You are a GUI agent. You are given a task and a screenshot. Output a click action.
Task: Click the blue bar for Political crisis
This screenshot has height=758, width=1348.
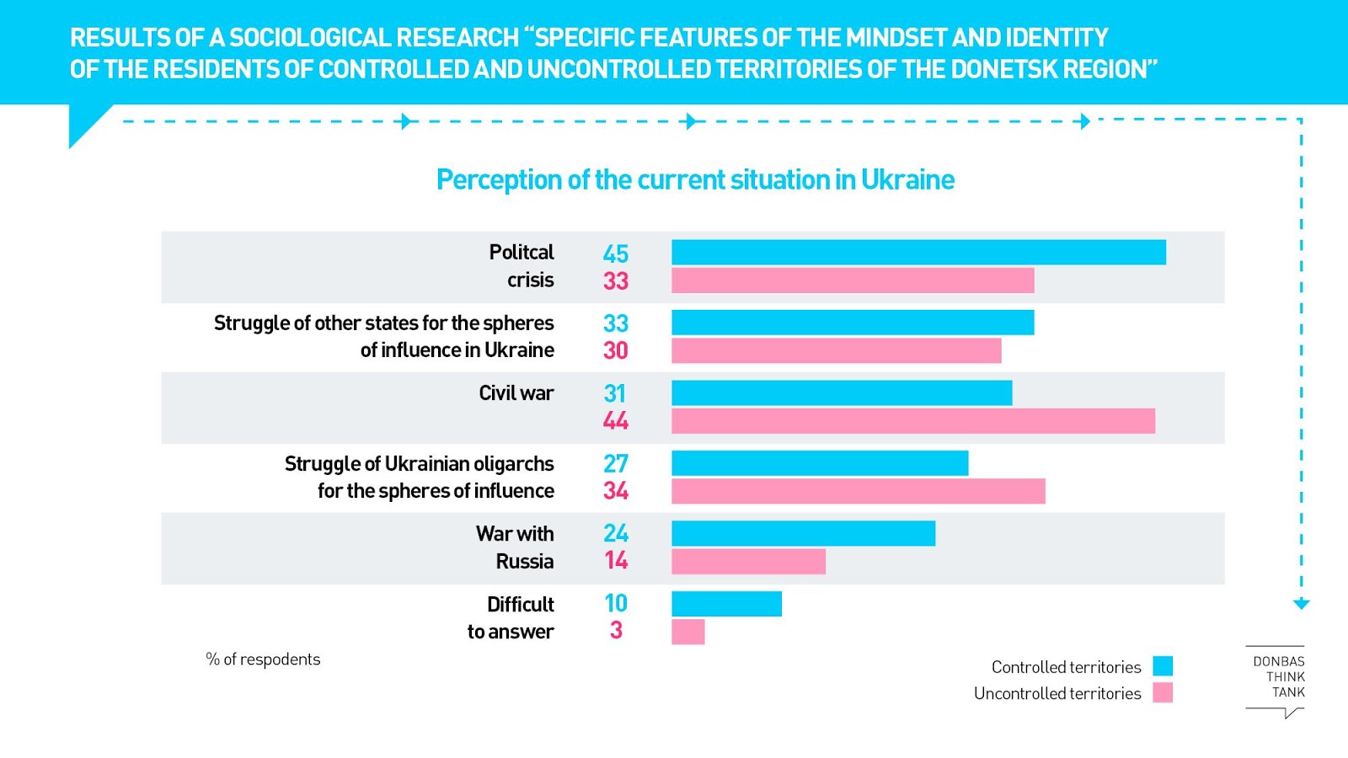[918, 253]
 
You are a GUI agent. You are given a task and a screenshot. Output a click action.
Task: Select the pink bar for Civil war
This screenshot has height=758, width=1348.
[913, 421]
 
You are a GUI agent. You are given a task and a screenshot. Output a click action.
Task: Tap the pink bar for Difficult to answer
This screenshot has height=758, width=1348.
[687, 632]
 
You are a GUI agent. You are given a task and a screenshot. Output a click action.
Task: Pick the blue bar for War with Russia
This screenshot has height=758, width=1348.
[803, 533]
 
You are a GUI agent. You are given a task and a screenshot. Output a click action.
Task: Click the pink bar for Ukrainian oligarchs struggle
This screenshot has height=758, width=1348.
[858, 491]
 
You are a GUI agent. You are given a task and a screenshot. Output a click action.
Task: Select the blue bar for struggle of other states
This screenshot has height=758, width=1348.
[853, 323]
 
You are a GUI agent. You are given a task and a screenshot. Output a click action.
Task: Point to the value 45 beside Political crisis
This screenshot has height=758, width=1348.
[616, 254]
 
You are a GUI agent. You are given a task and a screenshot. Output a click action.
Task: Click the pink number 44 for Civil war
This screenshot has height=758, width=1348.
[616, 421]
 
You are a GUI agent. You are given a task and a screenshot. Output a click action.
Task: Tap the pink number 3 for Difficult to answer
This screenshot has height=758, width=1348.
[616, 631]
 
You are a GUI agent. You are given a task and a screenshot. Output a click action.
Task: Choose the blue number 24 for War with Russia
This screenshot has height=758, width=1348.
[616, 533]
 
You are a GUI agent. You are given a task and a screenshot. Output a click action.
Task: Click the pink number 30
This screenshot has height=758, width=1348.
[616, 350]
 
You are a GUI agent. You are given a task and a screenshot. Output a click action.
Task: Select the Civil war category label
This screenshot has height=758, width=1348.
[516, 393]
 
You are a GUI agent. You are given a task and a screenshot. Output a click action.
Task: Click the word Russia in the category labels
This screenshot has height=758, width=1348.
[524, 562]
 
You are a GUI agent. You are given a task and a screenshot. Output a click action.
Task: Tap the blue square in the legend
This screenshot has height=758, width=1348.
[1163, 666]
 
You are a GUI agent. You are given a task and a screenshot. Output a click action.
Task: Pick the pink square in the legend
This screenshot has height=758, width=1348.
[1163, 692]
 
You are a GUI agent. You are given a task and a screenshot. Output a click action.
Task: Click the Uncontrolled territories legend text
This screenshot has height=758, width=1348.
[1057, 693]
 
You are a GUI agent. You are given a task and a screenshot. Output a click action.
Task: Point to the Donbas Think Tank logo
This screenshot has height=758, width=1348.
[1277, 679]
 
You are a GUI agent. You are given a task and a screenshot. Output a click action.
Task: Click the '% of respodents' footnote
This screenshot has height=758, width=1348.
[263, 659]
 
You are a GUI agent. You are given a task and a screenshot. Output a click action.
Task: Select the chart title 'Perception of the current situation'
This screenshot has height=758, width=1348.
[695, 179]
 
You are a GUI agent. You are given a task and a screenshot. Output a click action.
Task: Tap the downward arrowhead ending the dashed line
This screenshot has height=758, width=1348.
[1301, 604]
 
